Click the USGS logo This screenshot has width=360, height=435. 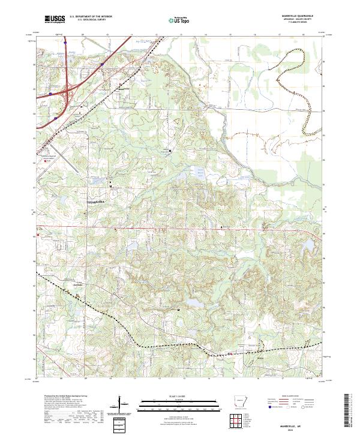click(53, 20)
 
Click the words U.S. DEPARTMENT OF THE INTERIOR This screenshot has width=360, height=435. click(90, 17)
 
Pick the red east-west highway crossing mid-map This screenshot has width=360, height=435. click(180, 228)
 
